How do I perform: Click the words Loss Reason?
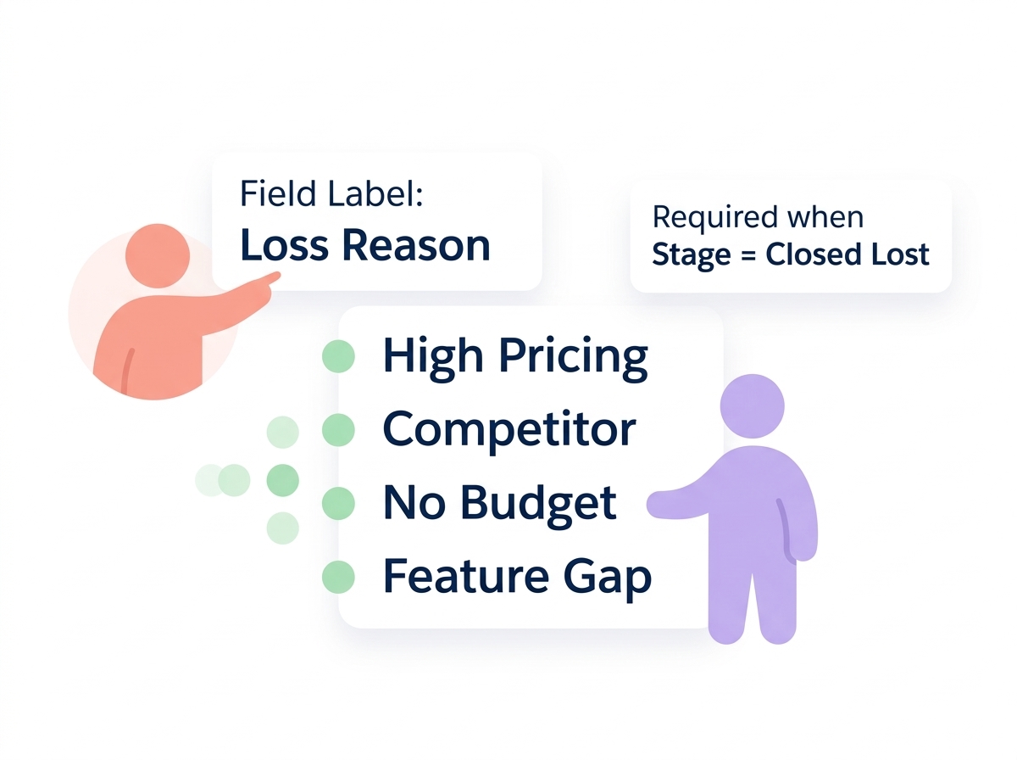pos(365,245)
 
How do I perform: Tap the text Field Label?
pos(331,194)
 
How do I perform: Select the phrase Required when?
pos(758,217)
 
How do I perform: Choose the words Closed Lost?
pos(847,254)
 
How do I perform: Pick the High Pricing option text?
pos(515,356)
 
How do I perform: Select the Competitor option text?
pos(508,429)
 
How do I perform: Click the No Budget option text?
pos(499,502)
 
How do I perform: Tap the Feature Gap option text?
pos(517,577)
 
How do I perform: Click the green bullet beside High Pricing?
pos(338,356)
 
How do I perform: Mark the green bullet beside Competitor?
pos(338,430)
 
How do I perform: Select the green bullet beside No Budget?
pos(338,503)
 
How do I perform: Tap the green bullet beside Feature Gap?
pos(338,577)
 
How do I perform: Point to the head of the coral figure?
pos(158,255)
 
